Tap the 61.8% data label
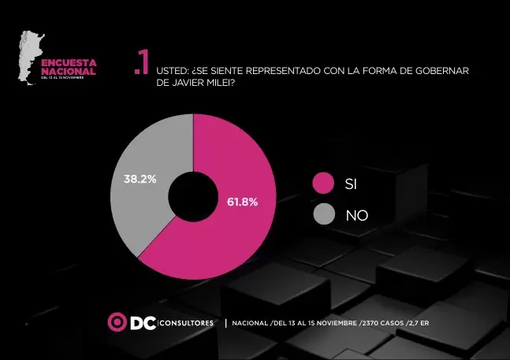[242, 202]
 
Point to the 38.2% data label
[140, 180]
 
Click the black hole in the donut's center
[193, 197]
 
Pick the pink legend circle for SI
[323, 183]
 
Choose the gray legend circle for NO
[323, 213]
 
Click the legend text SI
[352, 184]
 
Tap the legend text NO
[356, 214]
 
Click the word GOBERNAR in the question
[445, 71]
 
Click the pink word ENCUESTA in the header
[69, 62]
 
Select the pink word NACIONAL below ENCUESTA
[69, 71]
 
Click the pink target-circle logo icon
[117, 322]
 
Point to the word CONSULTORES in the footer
[187, 323]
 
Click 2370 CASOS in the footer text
[382, 323]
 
